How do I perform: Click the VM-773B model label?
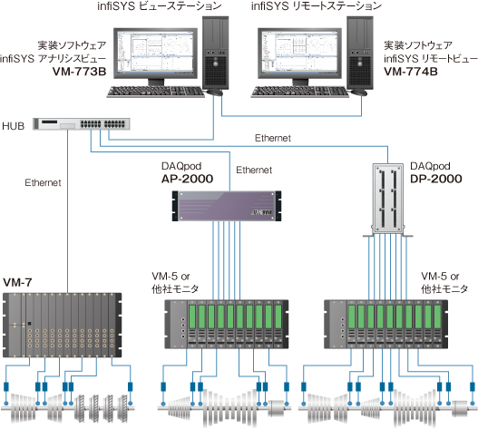coord(79,72)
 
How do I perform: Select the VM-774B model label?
coord(411,72)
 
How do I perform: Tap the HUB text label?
coord(13,126)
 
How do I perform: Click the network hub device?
coord(82,123)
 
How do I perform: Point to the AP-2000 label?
coord(187,179)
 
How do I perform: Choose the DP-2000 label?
coord(436,179)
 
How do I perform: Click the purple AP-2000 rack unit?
coord(227,206)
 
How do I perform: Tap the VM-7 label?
coord(17,283)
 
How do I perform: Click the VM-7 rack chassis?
coord(63,325)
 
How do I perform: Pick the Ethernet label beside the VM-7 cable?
coord(43,182)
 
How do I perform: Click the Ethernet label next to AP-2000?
coord(254,170)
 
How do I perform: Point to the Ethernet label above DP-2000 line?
coord(273,138)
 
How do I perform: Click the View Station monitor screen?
coord(155,54)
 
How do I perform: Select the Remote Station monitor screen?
coord(299,54)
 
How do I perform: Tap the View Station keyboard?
coord(155,92)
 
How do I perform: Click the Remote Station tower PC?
coord(360,53)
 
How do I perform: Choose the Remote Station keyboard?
coord(300,92)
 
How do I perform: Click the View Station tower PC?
coord(216,53)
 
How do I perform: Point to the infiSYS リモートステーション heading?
coord(317,6)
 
